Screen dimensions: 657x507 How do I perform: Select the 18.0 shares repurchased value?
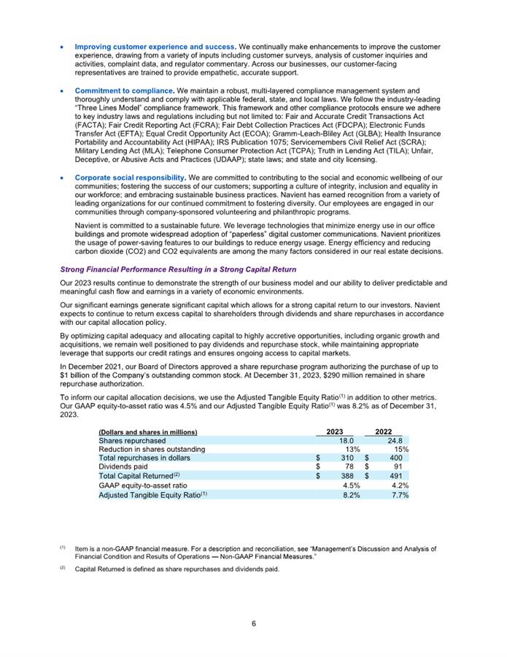coord(347,440)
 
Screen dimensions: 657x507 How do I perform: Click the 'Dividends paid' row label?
coord(123,467)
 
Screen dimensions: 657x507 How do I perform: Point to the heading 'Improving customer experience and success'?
coord(155,46)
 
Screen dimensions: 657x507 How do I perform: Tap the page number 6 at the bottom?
coord(253,623)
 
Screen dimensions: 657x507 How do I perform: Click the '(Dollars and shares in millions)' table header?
coord(148,431)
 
